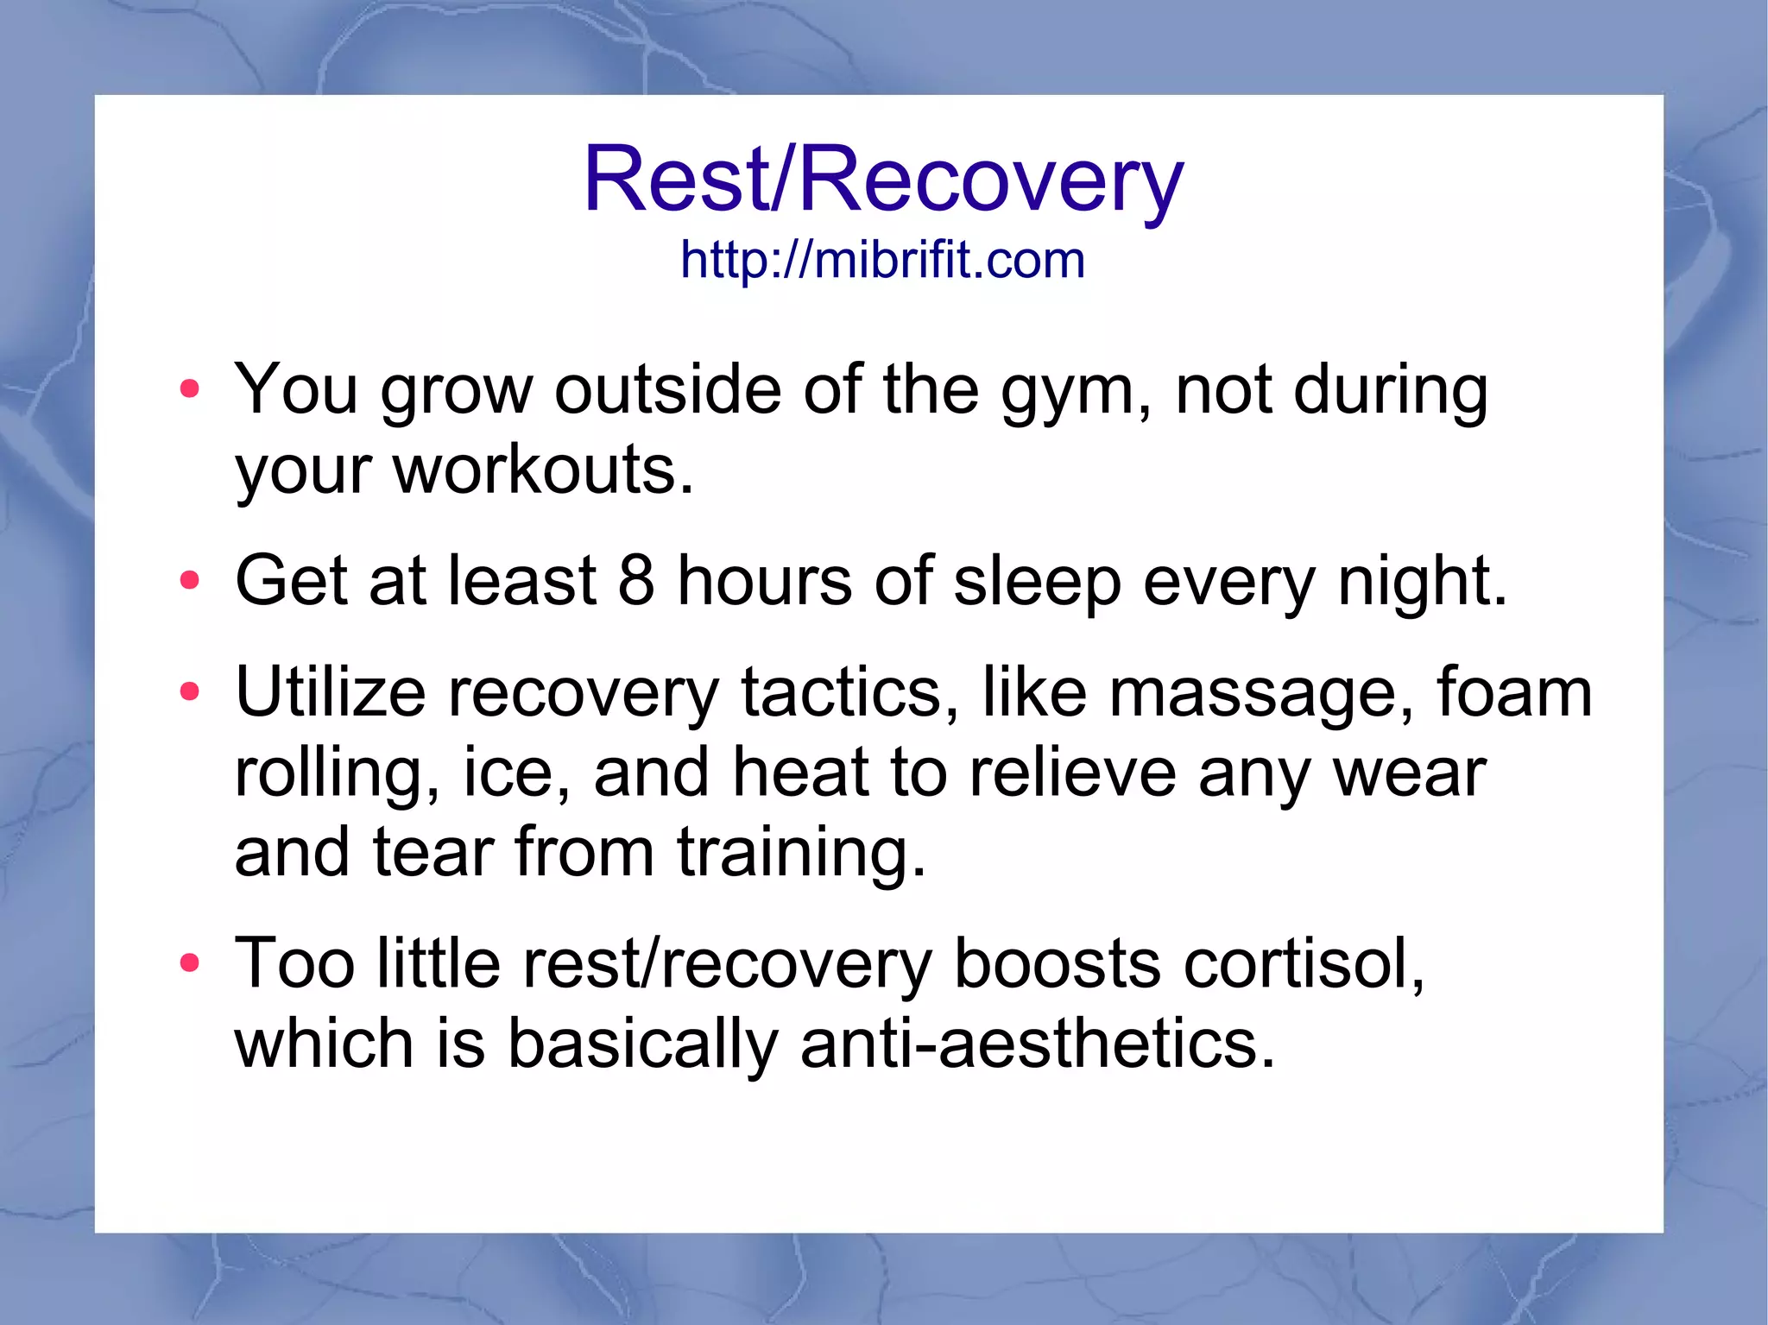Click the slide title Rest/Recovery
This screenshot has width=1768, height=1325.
coord(883,180)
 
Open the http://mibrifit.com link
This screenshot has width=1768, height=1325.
coord(882,260)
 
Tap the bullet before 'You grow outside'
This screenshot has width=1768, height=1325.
coord(189,389)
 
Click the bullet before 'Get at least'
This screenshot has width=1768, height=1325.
coord(189,581)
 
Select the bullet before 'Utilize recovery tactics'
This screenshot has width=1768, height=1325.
coord(189,691)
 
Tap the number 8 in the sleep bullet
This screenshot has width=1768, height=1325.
coord(636,580)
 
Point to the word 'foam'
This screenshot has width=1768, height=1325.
coord(1515,692)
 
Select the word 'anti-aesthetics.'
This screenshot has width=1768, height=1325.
coord(1037,1043)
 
